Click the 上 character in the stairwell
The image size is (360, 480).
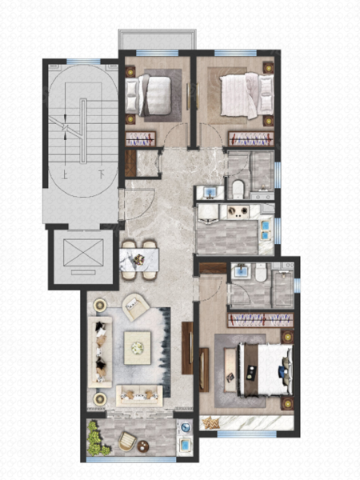(66, 175)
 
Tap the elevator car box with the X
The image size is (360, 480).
(83, 253)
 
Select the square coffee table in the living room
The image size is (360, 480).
(137, 348)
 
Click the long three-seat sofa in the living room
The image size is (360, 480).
(100, 352)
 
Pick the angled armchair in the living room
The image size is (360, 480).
(135, 306)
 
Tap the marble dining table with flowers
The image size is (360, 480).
(139, 260)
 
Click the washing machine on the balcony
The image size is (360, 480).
(186, 427)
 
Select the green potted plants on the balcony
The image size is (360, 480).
(97, 438)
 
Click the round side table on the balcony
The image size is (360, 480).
(143, 446)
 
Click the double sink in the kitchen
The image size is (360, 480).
(266, 230)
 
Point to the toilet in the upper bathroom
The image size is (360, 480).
(238, 189)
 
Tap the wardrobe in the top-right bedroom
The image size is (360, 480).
(251, 139)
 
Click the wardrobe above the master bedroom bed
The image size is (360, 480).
(260, 320)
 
